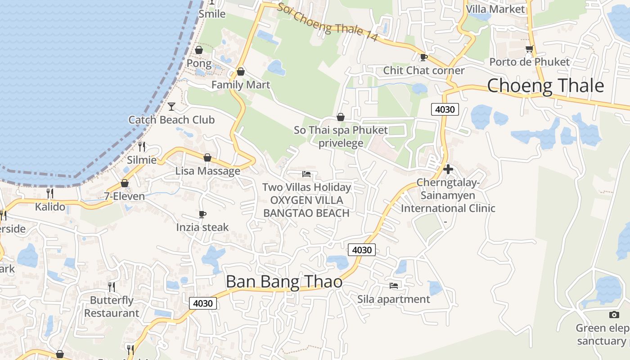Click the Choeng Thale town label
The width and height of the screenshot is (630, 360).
(x=545, y=85)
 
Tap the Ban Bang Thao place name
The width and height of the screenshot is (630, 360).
(x=284, y=282)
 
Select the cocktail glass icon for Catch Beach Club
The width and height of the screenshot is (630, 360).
(x=171, y=106)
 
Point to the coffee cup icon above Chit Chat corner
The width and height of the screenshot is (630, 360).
(x=423, y=57)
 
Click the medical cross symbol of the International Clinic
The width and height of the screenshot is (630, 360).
(x=448, y=169)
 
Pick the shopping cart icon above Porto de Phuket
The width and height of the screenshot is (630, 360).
(x=529, y=49)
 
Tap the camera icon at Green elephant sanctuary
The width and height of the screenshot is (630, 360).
(x=614, y=315)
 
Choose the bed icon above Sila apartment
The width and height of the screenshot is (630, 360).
(x=394, y=285)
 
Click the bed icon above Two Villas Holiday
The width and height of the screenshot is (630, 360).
(x=306, y=174)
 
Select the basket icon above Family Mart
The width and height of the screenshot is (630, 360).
(x=241, y=72)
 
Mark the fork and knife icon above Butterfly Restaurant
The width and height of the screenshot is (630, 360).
(x=111, y=286)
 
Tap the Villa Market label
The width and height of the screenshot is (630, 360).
(x=495, y=9)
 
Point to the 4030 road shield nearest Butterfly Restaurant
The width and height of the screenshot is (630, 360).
(x=202, y=303)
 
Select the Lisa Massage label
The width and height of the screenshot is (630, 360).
(x=207, y=171)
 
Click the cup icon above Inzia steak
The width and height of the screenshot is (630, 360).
(x=202, y=214)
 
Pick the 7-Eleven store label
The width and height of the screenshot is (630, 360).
(x=125, y=196)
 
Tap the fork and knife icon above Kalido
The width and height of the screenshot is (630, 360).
(x=50, y=193)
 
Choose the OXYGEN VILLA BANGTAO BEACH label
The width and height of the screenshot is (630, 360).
(x=306, y=207)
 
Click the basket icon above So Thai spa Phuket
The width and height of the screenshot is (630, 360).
(x=341, y=117)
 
